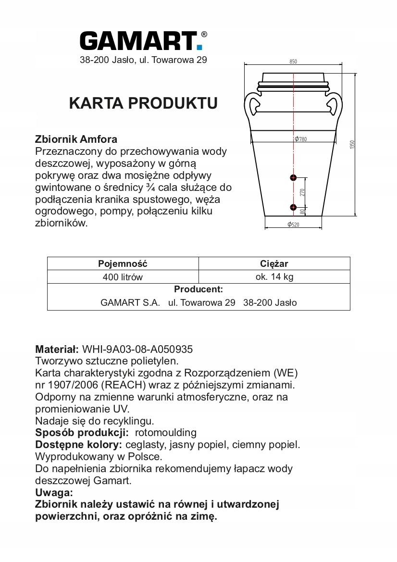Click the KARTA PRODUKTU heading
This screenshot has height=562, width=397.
click(143, 103)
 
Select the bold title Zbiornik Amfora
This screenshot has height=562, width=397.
click(76, 139)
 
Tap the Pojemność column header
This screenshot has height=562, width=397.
click(123, 263)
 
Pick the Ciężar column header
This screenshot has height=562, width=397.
click(274, 263)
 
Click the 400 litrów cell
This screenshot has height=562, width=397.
click(123, 277)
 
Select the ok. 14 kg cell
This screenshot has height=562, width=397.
click(274, 277)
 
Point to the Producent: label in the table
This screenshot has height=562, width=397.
click(198, 289)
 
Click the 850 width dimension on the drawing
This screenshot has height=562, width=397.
click(293, 62)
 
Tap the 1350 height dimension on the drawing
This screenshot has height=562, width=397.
click(352, 144)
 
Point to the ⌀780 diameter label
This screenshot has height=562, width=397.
click(301, 139)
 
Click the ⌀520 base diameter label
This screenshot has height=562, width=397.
click(294, 225)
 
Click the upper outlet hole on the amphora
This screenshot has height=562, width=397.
click(293, 178)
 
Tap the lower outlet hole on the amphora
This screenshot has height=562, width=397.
click(293, 207)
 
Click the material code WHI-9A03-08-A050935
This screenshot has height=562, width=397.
click(137, 349)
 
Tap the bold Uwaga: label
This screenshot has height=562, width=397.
click(54, 492)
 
